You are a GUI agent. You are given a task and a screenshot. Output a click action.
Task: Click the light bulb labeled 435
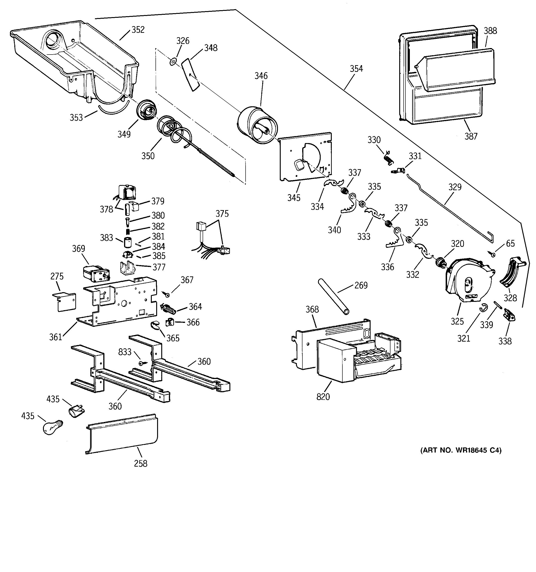(x=53, y=427)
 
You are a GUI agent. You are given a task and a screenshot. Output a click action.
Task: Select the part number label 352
(x=138, y=30)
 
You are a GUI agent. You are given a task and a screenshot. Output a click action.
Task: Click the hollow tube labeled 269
(x=334, y=297)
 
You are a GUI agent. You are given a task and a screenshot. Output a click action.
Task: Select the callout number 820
(x=323, y=397)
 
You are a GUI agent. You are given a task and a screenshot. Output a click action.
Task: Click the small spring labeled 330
(x=388, y=158)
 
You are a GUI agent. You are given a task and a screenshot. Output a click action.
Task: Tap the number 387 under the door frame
(x=471, y=136)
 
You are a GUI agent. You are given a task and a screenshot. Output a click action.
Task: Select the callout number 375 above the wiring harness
(x=222, y=214)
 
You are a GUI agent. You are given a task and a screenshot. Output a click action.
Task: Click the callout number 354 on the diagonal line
(x=356, y=68)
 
